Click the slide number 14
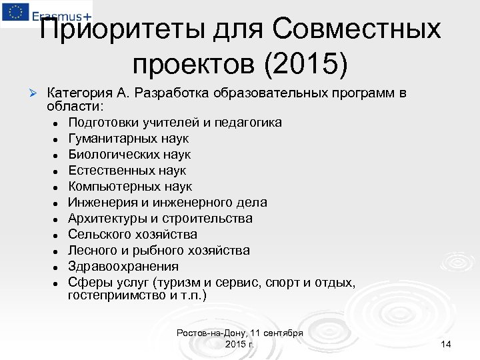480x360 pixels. click(446, 344)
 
